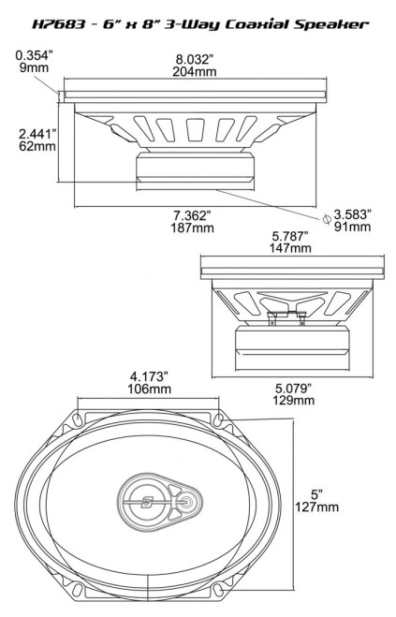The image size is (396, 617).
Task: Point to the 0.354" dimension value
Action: pos(34,54)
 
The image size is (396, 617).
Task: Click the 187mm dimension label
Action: pos(193,228)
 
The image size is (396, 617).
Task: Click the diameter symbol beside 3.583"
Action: pos(326,218)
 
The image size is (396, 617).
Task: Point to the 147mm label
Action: pos(290,248)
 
